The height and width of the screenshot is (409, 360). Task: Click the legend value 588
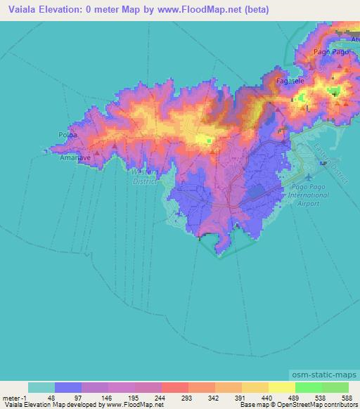click(x=347, y=397)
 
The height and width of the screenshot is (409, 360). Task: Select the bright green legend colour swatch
click(x=308, y=387)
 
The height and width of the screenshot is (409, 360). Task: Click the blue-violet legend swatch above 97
click(x=68, y=387)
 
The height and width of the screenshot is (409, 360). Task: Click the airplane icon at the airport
click(x=323, y=164)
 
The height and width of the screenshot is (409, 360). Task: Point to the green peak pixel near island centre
click(x=209, y=141)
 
